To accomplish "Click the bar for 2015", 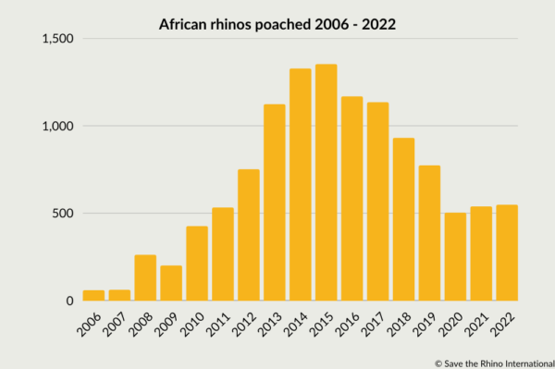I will pyautogui.click(x=326, y=182).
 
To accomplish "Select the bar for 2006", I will pyautogui.click(x=93, y=295).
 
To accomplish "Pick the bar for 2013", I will pyautogui.click(x=274, y=203).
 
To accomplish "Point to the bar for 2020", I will pyautogui.click(x=455, y=256).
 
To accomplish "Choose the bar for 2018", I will pyautogui.click(x=403, y=219).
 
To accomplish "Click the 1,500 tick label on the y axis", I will pyautogui.click(x=58, y=39).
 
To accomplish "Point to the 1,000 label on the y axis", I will pyautogui.click(x=58, y=126).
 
